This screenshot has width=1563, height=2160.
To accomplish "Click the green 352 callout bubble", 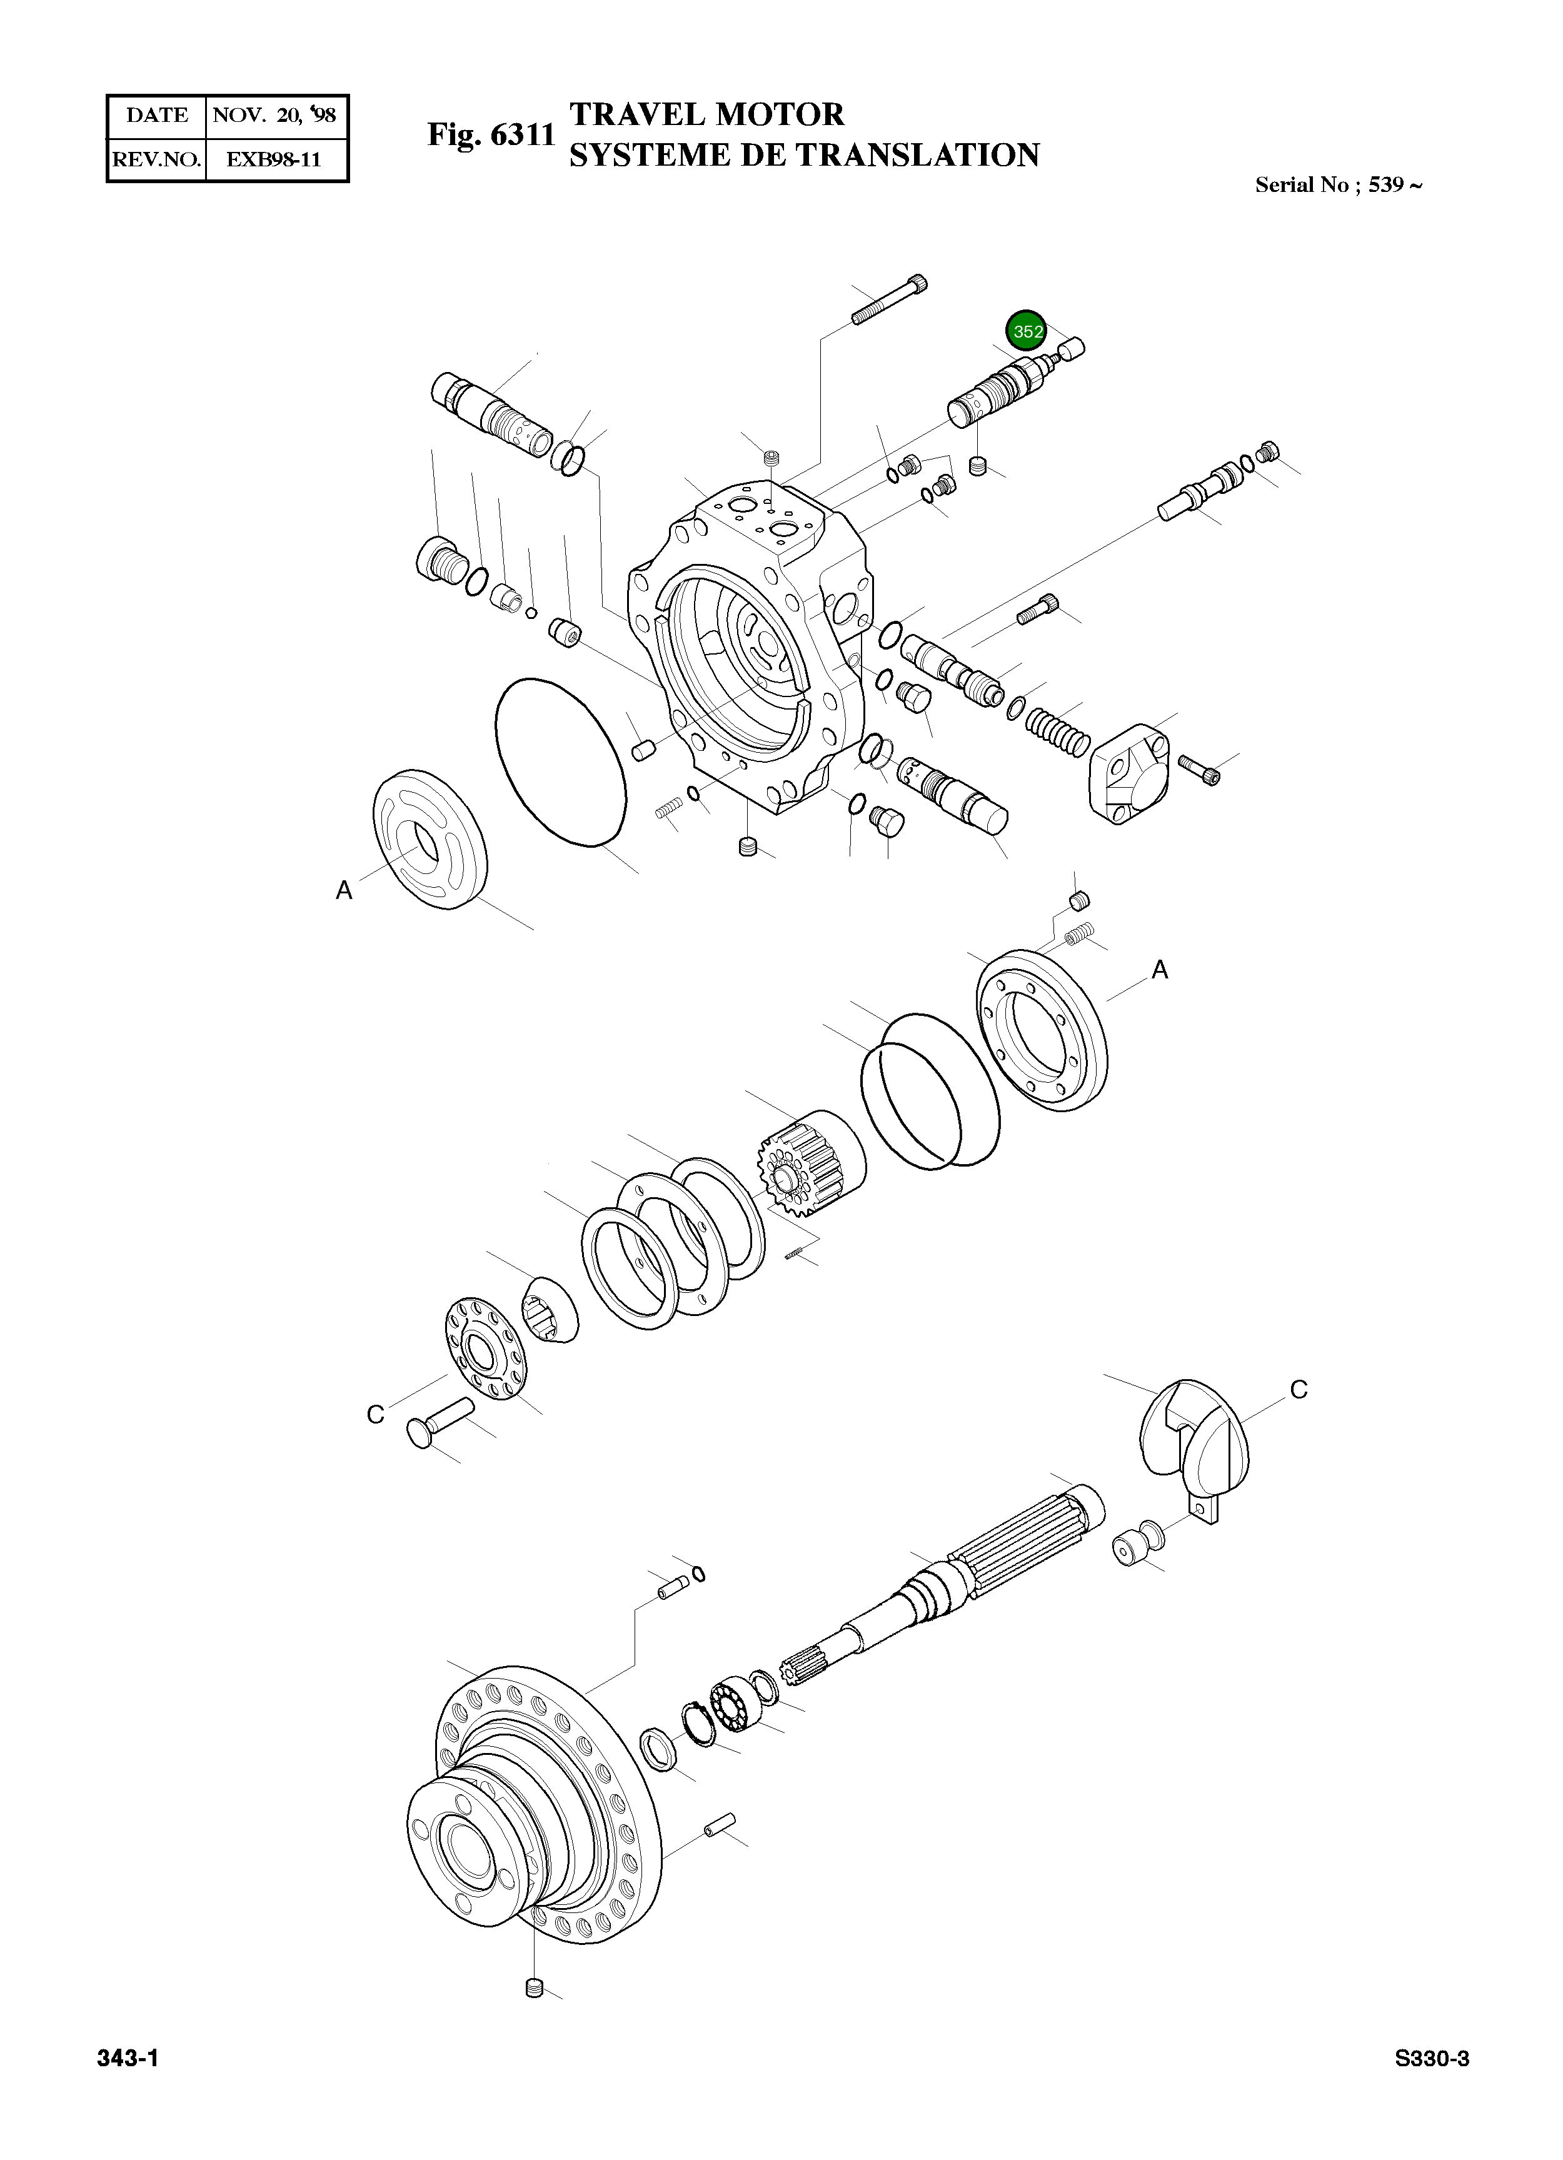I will (x=1027, y=331).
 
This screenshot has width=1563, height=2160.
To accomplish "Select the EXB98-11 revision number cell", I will (x=274, y=159).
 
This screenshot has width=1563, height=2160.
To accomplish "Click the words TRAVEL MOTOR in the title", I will (x=706, y=114).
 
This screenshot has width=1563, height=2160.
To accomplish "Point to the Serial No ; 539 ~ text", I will (x=1338, y=185).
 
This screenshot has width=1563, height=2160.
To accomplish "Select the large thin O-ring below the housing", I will (x=556, y=762).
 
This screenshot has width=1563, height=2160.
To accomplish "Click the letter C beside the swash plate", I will (x=1298, y=1390).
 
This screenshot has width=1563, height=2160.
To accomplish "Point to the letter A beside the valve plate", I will (x=344, y=890).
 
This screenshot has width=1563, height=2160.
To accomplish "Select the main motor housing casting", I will (x=753, y=648).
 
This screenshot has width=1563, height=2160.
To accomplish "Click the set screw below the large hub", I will (x=533, y=2014).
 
